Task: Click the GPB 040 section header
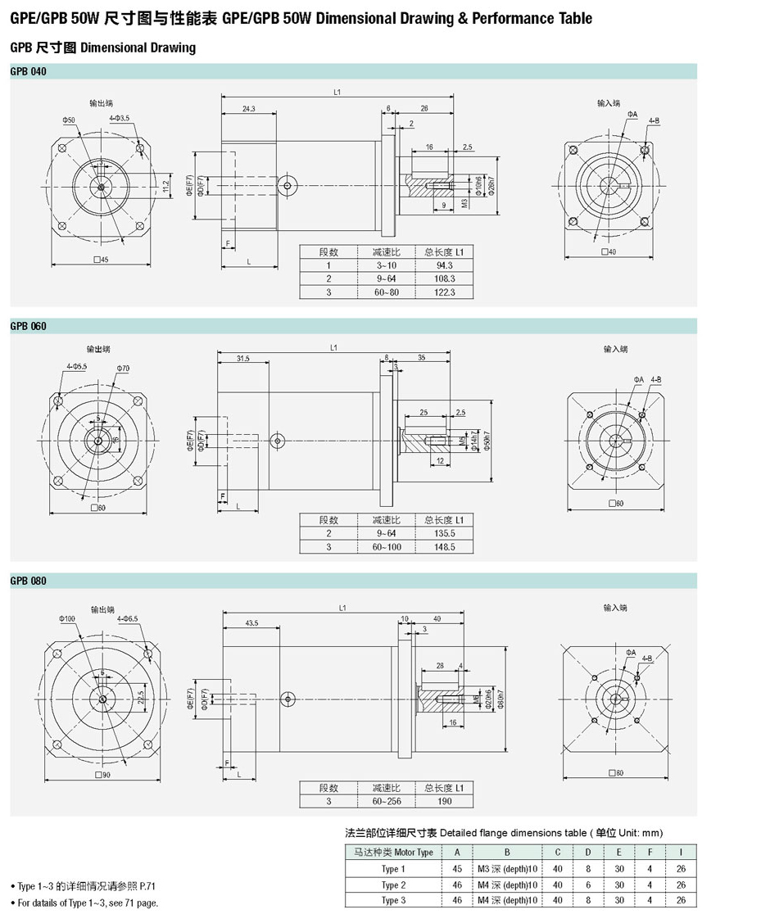tap(29, 72)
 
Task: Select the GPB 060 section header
tap(29, 327)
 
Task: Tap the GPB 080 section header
tap(29, 581)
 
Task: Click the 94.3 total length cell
tap(445, 265)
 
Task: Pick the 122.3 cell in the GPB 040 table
tap(445, 292)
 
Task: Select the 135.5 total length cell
tap(445, 533)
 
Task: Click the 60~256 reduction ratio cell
tap(386, 801)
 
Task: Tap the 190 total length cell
tap(445, 801)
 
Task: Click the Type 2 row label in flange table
tap(393, 885)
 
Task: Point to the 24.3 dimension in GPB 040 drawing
tap(247, 109)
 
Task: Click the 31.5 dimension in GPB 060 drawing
tap(243, 359)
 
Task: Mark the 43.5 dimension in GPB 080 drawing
tap(251, 623)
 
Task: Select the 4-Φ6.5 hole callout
tap(127, 618)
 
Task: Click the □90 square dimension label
tap(102, 775)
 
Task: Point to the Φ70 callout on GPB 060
tap(124, 369)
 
